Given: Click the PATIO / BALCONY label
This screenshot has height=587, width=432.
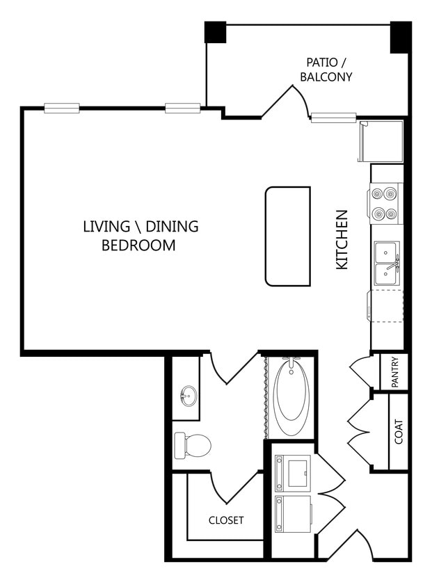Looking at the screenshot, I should coord(326,70).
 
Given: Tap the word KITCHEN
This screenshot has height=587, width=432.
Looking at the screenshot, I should coord(342,240).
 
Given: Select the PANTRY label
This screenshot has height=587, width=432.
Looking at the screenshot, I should coord(394,372).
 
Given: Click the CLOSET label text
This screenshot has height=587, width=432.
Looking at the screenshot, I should coord(226,520).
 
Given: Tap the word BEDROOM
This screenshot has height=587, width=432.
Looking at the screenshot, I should coord(138,246).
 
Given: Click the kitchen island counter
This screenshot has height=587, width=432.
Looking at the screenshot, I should coord(288,236).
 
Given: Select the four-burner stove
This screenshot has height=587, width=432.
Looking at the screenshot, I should coord(385,204).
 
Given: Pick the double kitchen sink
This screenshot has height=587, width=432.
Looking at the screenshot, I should coord(387,264).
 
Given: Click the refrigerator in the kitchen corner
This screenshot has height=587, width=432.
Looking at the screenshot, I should coord(381,141).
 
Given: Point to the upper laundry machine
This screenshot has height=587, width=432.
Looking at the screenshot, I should coord(293,472).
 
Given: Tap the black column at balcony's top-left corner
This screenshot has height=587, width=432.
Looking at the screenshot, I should coord(215,32).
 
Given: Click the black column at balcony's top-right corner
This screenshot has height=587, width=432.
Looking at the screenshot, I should coord(400,36).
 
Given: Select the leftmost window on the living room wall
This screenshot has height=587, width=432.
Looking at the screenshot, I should coord(61,108).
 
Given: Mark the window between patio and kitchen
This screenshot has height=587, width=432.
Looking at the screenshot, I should coord(333,117).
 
